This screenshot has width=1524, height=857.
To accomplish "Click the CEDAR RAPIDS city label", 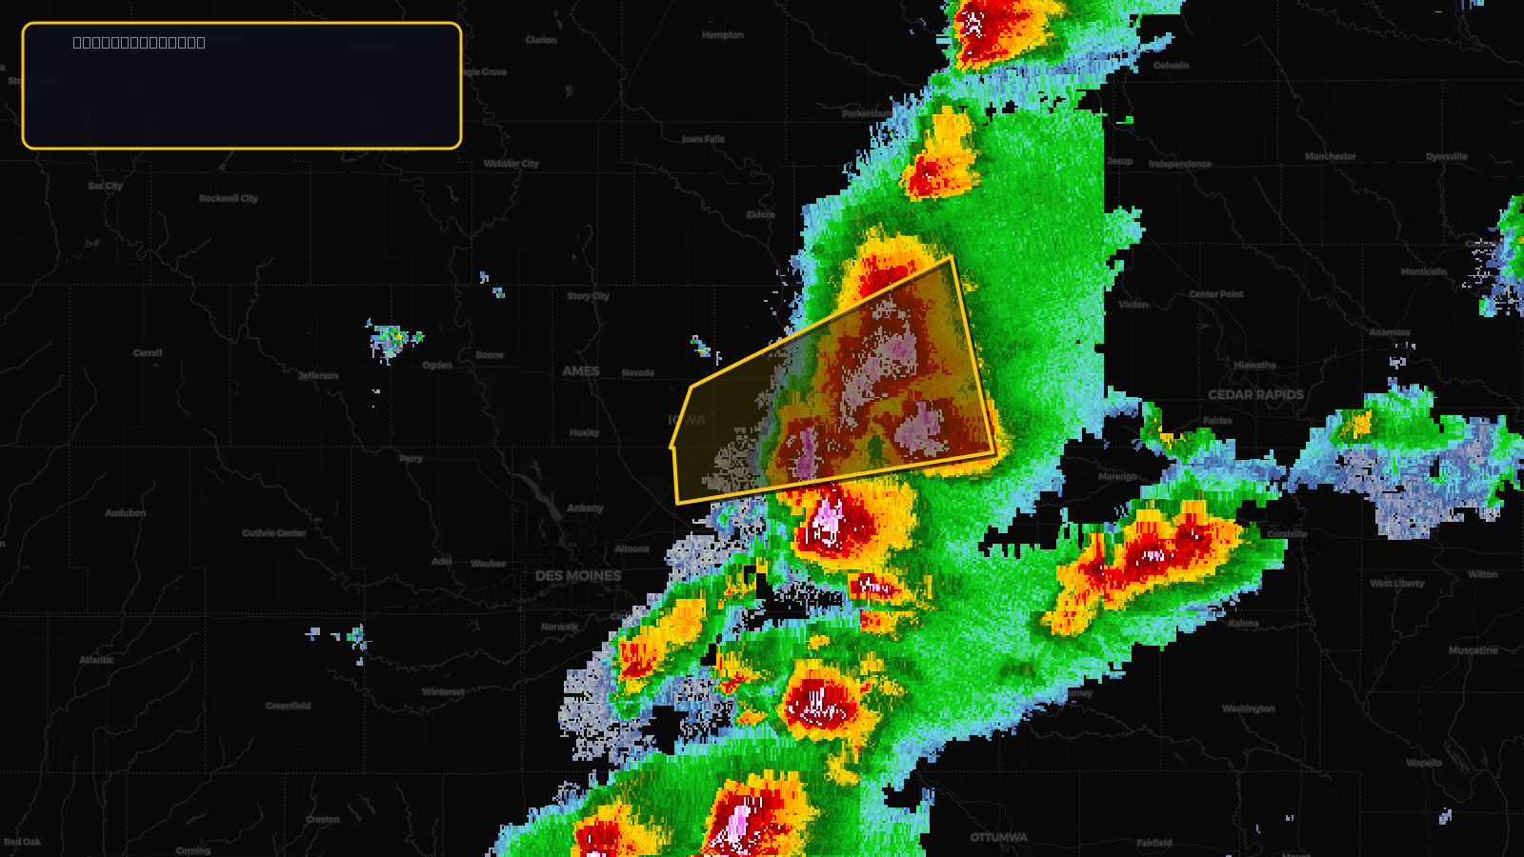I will (x=1255, y=394).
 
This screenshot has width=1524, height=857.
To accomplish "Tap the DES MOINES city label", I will (x=577, y=575).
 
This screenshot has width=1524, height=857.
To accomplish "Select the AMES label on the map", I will (x=580, y=371).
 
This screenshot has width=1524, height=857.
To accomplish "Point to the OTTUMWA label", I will (x=998, y=837).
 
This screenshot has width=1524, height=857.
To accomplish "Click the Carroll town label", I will (x=148, y=353).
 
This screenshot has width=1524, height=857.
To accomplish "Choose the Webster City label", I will (x=511, y=164).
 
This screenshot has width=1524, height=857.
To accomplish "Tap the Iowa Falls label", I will (x=703, y=139).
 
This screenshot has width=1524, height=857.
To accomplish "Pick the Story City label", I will (x=588, y=296).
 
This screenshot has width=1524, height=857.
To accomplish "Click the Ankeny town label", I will (x=585, y=508).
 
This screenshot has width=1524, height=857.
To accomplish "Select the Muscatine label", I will (x=1473, y=650).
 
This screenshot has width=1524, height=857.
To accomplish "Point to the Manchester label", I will (x=1330, y=156).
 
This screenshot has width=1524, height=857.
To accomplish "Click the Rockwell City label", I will (x=229, y=198).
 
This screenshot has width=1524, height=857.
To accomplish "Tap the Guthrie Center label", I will (x=274, y=533).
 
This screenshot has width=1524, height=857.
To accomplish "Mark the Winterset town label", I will (x=443, y=692).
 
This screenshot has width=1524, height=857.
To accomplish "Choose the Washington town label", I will (x=1248, y=708).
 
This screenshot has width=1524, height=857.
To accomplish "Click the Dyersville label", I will (x=1446, y=156).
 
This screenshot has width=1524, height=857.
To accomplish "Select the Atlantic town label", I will (x=96, y=660).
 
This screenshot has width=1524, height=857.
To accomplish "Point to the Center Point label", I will (x=1215, y=294).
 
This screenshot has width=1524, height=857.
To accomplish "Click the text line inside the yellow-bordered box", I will (x=139, y=42).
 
